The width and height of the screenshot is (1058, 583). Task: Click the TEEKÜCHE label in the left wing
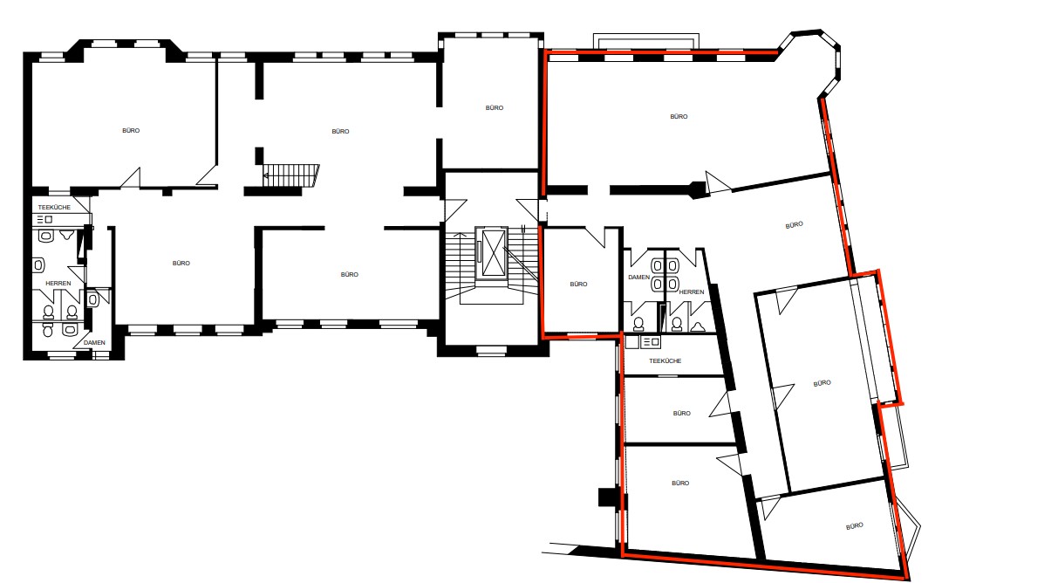(54, 207)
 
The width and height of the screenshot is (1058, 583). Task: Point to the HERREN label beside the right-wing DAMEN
(691, 291)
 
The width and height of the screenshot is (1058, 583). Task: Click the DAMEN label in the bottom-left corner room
(94, 342)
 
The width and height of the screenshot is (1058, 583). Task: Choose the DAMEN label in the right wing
(638, 277)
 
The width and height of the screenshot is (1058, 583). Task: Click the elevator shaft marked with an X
(492, 252)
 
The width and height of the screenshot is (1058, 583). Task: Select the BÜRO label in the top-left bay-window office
(131, 130)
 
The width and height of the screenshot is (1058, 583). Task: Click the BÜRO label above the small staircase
(340, 131)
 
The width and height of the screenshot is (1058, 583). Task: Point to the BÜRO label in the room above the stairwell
(495, 107)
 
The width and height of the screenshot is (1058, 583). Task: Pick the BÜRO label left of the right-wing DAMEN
(578, 284)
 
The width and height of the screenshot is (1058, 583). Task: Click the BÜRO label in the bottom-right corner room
(854, 525)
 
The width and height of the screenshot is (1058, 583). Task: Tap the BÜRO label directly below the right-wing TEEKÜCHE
(681, 413)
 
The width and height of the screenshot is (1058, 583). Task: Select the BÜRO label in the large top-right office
(678, 116)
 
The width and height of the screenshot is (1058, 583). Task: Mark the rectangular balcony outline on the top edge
(646, 41)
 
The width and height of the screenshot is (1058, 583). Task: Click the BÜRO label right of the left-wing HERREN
(181, 263)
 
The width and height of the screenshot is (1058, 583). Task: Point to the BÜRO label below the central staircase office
(349, 274)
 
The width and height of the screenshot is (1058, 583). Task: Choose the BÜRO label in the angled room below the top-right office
(793, 225)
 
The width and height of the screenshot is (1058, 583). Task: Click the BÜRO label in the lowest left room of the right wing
(680, 483)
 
